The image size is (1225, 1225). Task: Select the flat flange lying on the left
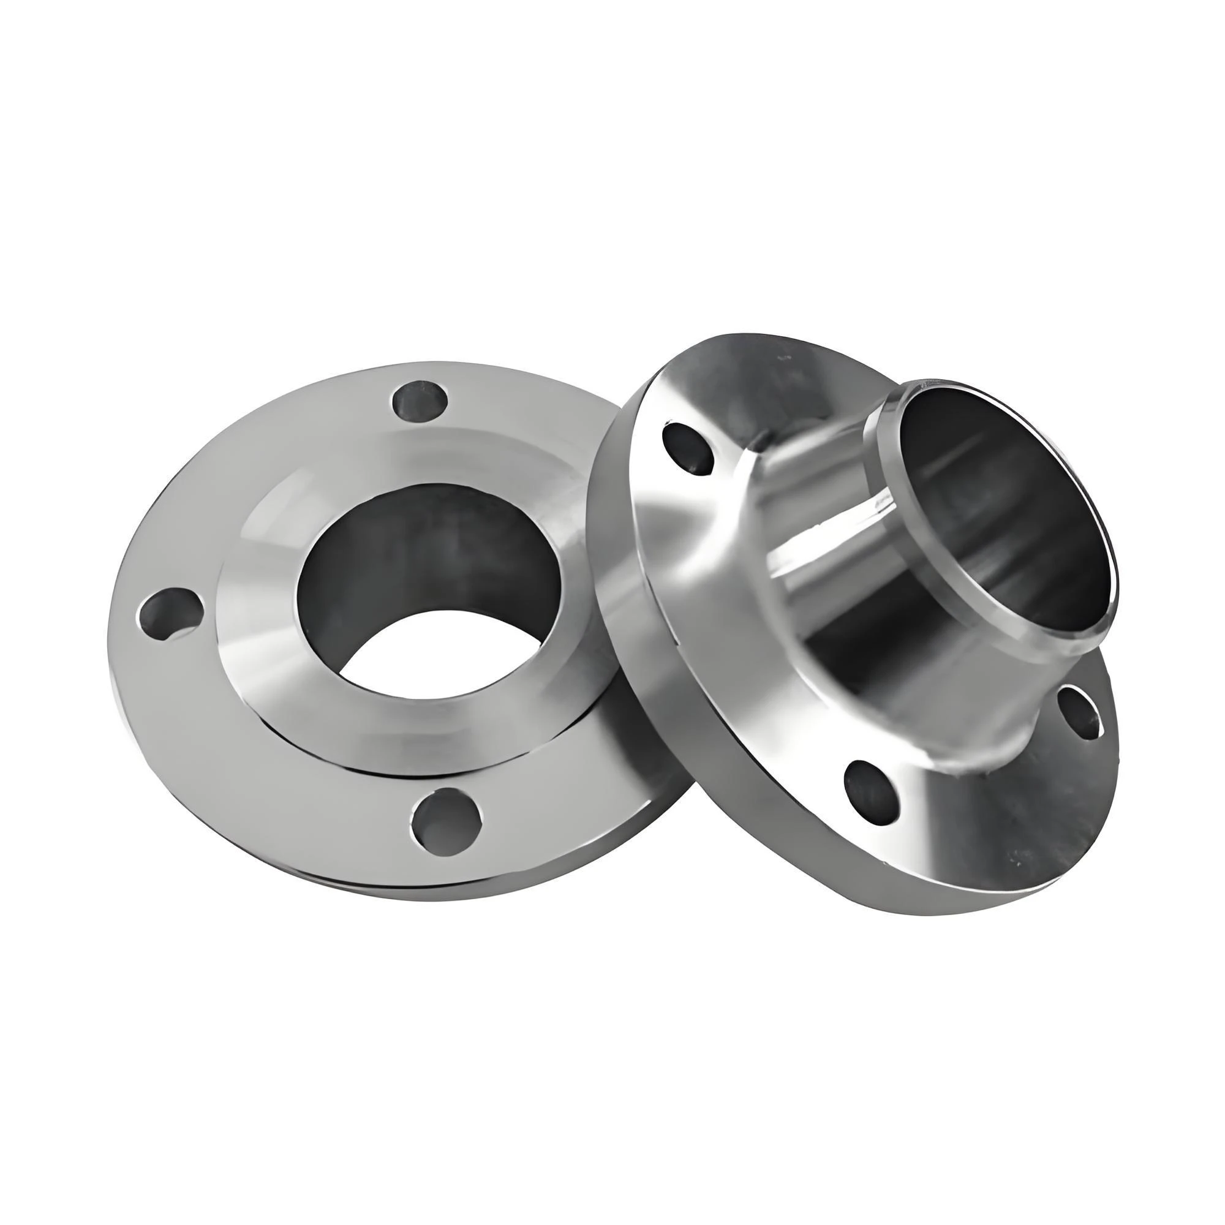(254, 729)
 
